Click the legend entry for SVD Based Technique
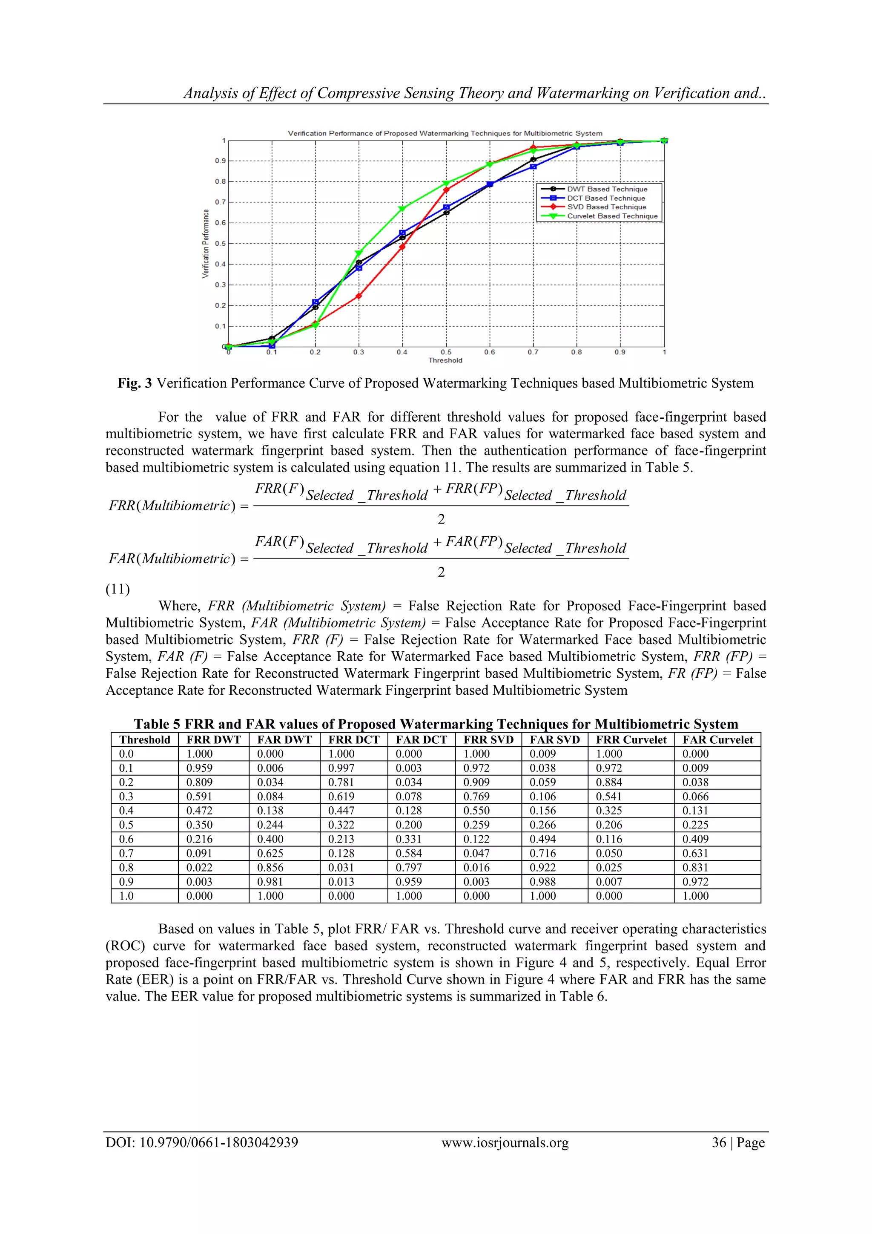[x=606, y=207]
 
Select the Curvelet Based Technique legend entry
[x=612, y=216]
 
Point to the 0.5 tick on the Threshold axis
[x=446, y=352]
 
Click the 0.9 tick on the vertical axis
[x=220, y=161]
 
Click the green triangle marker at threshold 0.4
[x=402, y=209]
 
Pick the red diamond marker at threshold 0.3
[x=359, y=296]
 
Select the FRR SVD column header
[x=488, y=739]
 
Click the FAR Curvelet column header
[x=717, y=739]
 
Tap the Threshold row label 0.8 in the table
[x=126, y=867]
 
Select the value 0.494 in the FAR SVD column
[x=542, y=839]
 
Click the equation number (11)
[x=118, y=590]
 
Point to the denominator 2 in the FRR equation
[x=441, y=519]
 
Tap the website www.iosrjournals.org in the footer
[x=505, y=1143]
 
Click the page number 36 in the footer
[x=719, y=1143]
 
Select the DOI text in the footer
[x=201, y=1143]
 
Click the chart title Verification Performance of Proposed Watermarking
[x=445, y=133]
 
